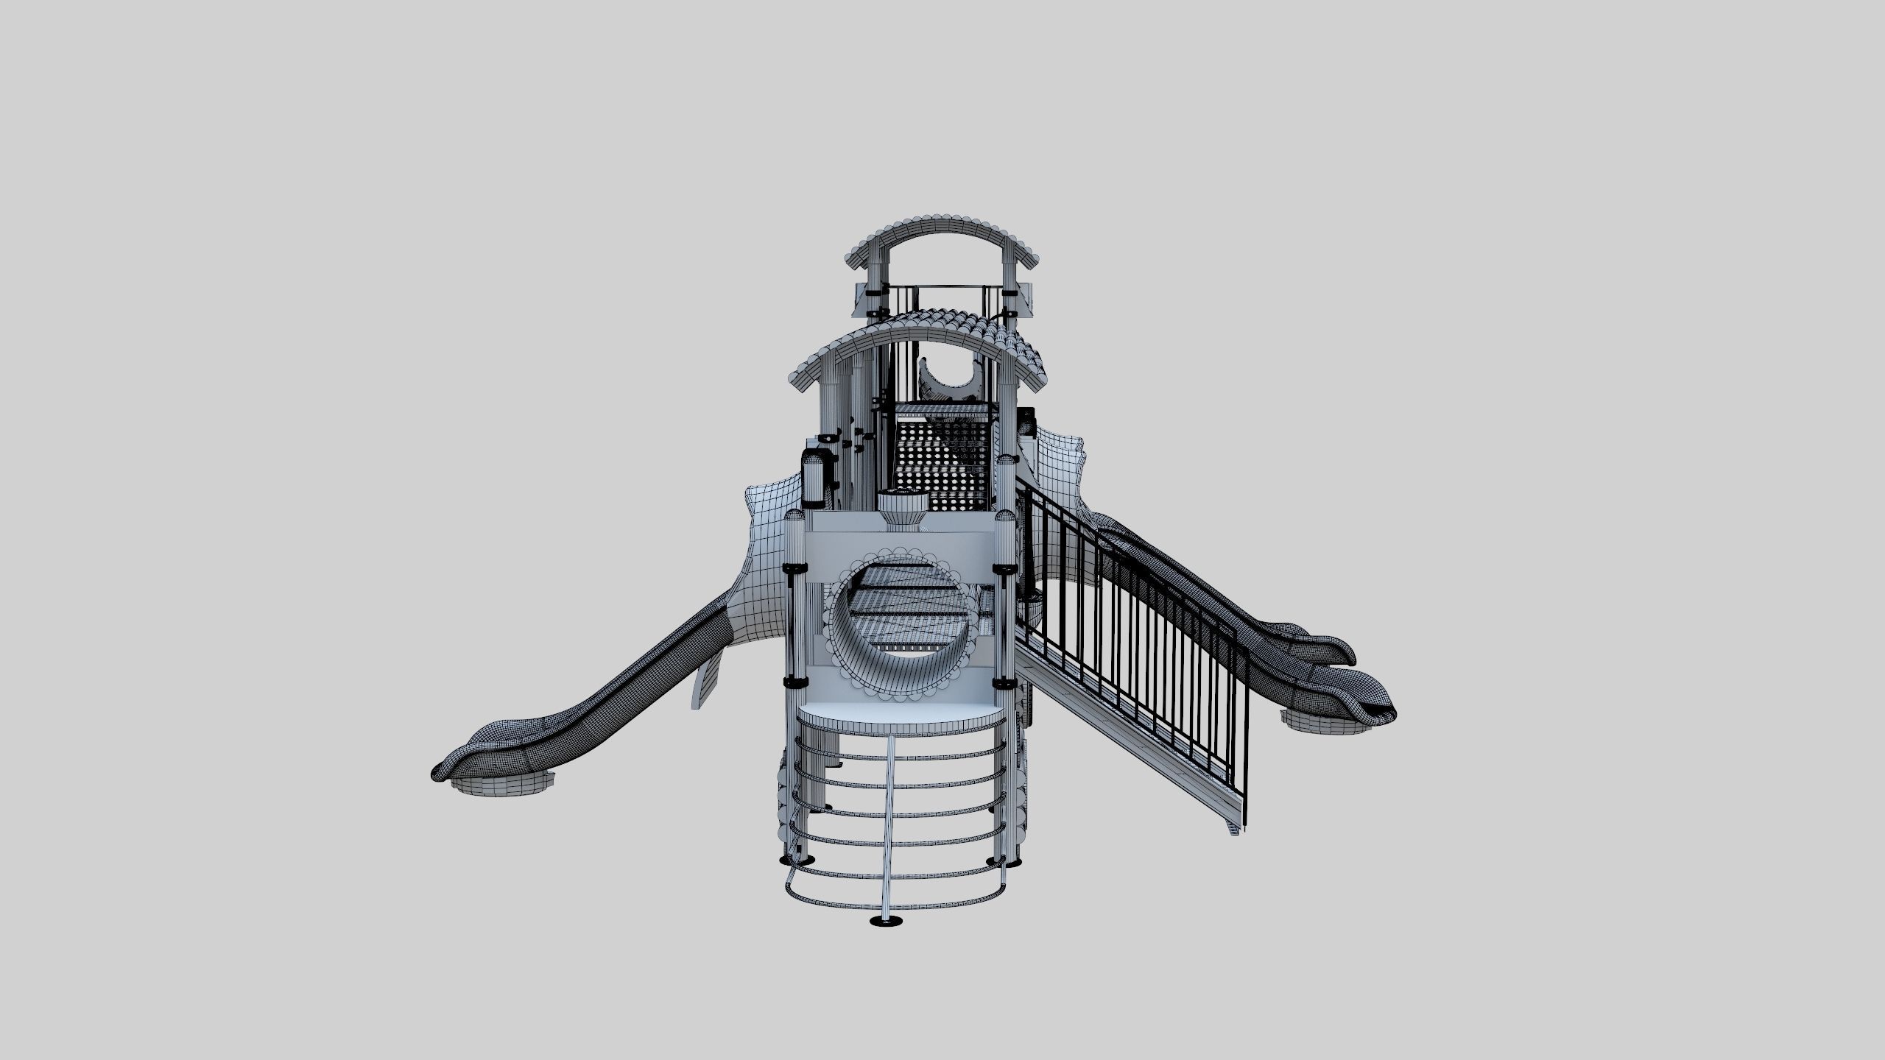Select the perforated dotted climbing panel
point(942,464)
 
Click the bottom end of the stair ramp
point(1237,824)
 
